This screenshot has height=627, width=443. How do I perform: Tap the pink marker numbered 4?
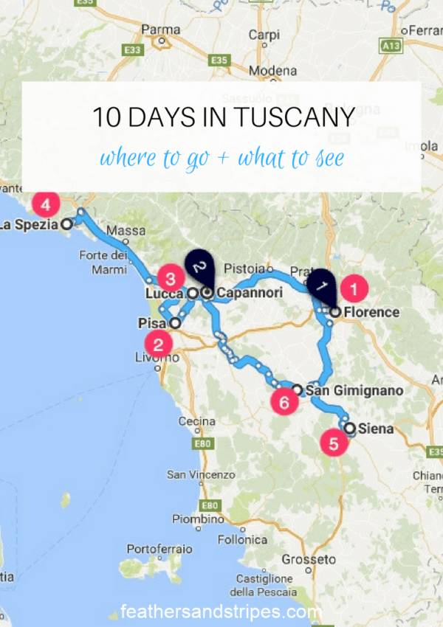(x=47, y=203)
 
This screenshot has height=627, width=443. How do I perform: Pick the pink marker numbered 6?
(x=284, y=402)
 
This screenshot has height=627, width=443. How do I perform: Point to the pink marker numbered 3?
(x=170, y=279)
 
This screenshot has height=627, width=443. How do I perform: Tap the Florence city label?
(x=371, y=312)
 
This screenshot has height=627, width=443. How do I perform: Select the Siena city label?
(x=375, y=428)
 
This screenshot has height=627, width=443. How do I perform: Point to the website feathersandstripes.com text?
(x=221, y=612)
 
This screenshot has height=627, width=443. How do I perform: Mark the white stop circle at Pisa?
(x=175, y=322)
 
